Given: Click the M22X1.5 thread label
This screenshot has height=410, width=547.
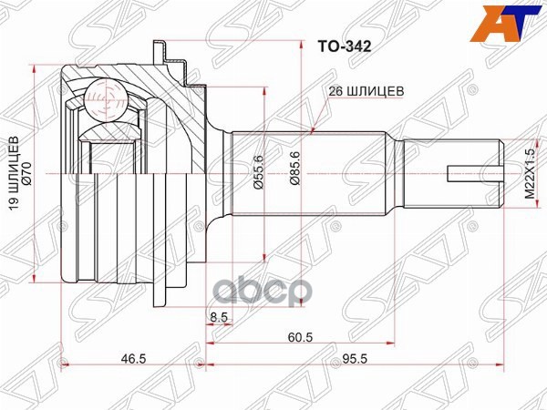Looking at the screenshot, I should (x=527, y=172).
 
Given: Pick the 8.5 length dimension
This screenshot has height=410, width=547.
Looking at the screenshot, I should (x=218, y=316).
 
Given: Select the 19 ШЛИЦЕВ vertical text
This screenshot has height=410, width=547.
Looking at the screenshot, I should (x=12, y=173).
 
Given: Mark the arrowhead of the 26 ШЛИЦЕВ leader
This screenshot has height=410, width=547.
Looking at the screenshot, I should (x=313, y=131).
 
